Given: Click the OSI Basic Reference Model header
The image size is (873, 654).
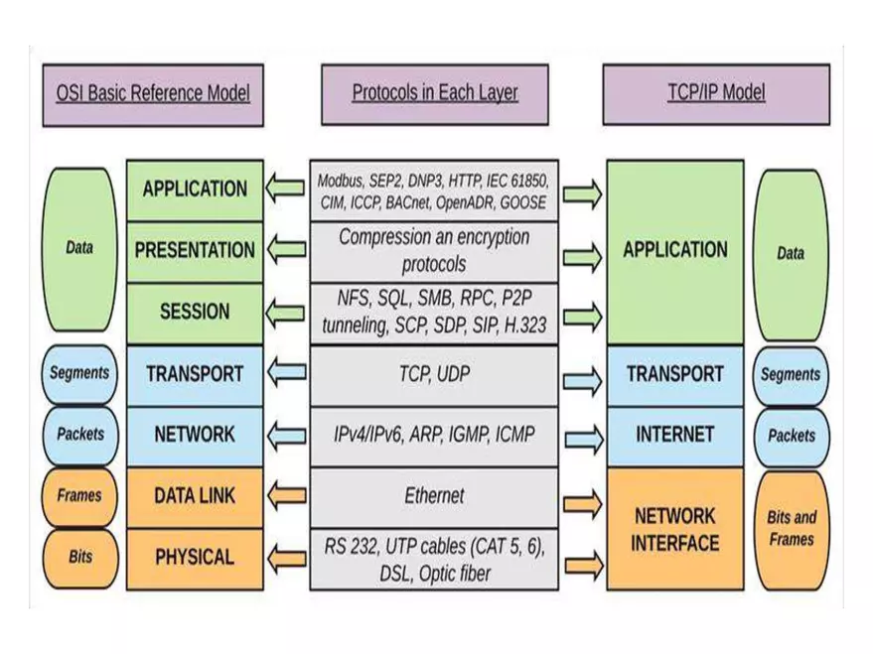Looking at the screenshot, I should (x=152, y=95).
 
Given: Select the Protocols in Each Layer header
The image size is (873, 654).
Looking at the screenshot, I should (x=434, y=95).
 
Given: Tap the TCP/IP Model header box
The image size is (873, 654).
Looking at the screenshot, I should (x=716, y=95).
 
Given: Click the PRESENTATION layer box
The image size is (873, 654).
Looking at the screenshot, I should (x=195, y=250).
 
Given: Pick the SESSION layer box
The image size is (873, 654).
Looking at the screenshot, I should (x=195, y=312).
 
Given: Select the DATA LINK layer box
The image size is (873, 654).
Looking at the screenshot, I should (x=195, y=495).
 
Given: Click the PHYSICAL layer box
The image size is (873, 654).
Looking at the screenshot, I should (x=195, y=557).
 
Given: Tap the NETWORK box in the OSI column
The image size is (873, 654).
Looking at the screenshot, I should (x=195, y=434).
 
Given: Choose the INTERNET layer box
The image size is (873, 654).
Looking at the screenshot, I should (x=674, y=434).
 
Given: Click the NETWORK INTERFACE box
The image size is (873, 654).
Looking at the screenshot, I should (x=674, y=529).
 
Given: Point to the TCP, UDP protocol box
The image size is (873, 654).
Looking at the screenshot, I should (x=434, y=374).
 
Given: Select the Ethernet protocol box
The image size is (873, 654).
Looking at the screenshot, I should (x=434, y=495).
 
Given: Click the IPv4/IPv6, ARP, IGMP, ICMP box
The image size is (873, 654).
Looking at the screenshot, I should (x=434, y=434).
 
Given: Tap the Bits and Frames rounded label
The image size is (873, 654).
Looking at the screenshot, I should (x=791, y=528).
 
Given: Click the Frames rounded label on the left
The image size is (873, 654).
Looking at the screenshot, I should (x=79, y=495).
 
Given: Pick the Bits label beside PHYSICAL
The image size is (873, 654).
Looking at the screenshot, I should (x=79, y=557).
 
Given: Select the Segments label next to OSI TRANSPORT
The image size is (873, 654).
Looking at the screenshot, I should (x=79, y=374).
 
